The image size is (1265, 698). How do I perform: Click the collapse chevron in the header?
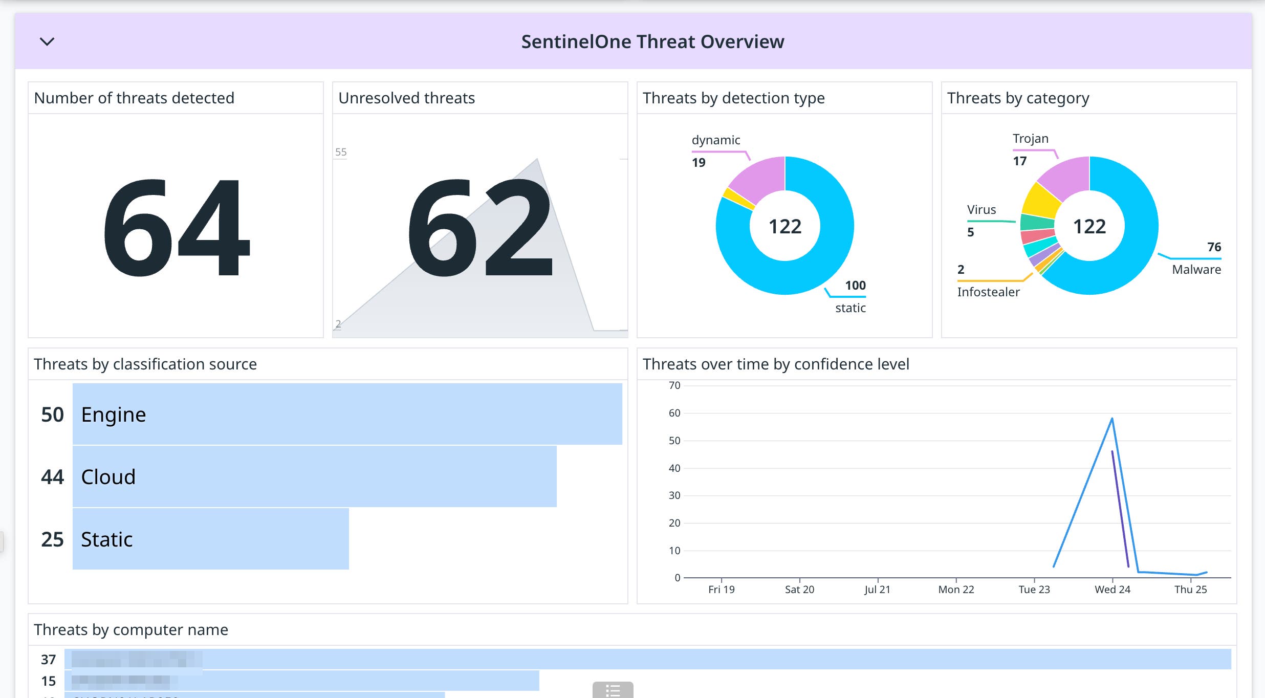pyautogui.click(x=47, y=41)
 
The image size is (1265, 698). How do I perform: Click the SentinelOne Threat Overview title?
pyautogui.click(x=652, y=41)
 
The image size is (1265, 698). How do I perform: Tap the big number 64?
pyautogui.click(x=176, y=228)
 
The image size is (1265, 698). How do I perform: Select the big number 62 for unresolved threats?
pyautogui.click(x=479, y=228)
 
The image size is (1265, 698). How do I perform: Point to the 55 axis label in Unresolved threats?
pyautogui.click(x=341, y=152)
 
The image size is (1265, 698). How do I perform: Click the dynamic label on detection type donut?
pyautogui.click(x=715, y=140)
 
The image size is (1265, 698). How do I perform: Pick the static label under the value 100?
pyautogui.click(x=850, y=308)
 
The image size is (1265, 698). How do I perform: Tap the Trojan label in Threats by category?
pyautogui.click(x=1030, y=138)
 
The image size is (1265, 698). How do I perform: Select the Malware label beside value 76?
pyautogui.click(x=1196, y=269)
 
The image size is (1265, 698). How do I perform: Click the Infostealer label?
pyautogui.click(x=988, y=292)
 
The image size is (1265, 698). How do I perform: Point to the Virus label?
pyautogui.click(x=981, y=209)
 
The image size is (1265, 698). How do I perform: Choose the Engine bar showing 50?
pyautogui.click(x=347, y=414)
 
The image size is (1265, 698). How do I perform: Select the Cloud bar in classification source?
pyautogui.click(x=314, y=476)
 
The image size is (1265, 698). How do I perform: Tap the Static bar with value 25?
pyautogui.click(x=210, y=539)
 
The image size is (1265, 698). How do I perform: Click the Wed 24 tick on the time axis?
pyautogui.click(x=1112, y=589)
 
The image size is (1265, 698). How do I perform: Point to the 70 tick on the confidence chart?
pyautogui.click(x=674, y=385)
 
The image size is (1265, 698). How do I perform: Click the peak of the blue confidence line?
pyautogui.click(x=1112, y=419)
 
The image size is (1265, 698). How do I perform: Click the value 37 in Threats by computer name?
pyautogui.click(x=48, y=660)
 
